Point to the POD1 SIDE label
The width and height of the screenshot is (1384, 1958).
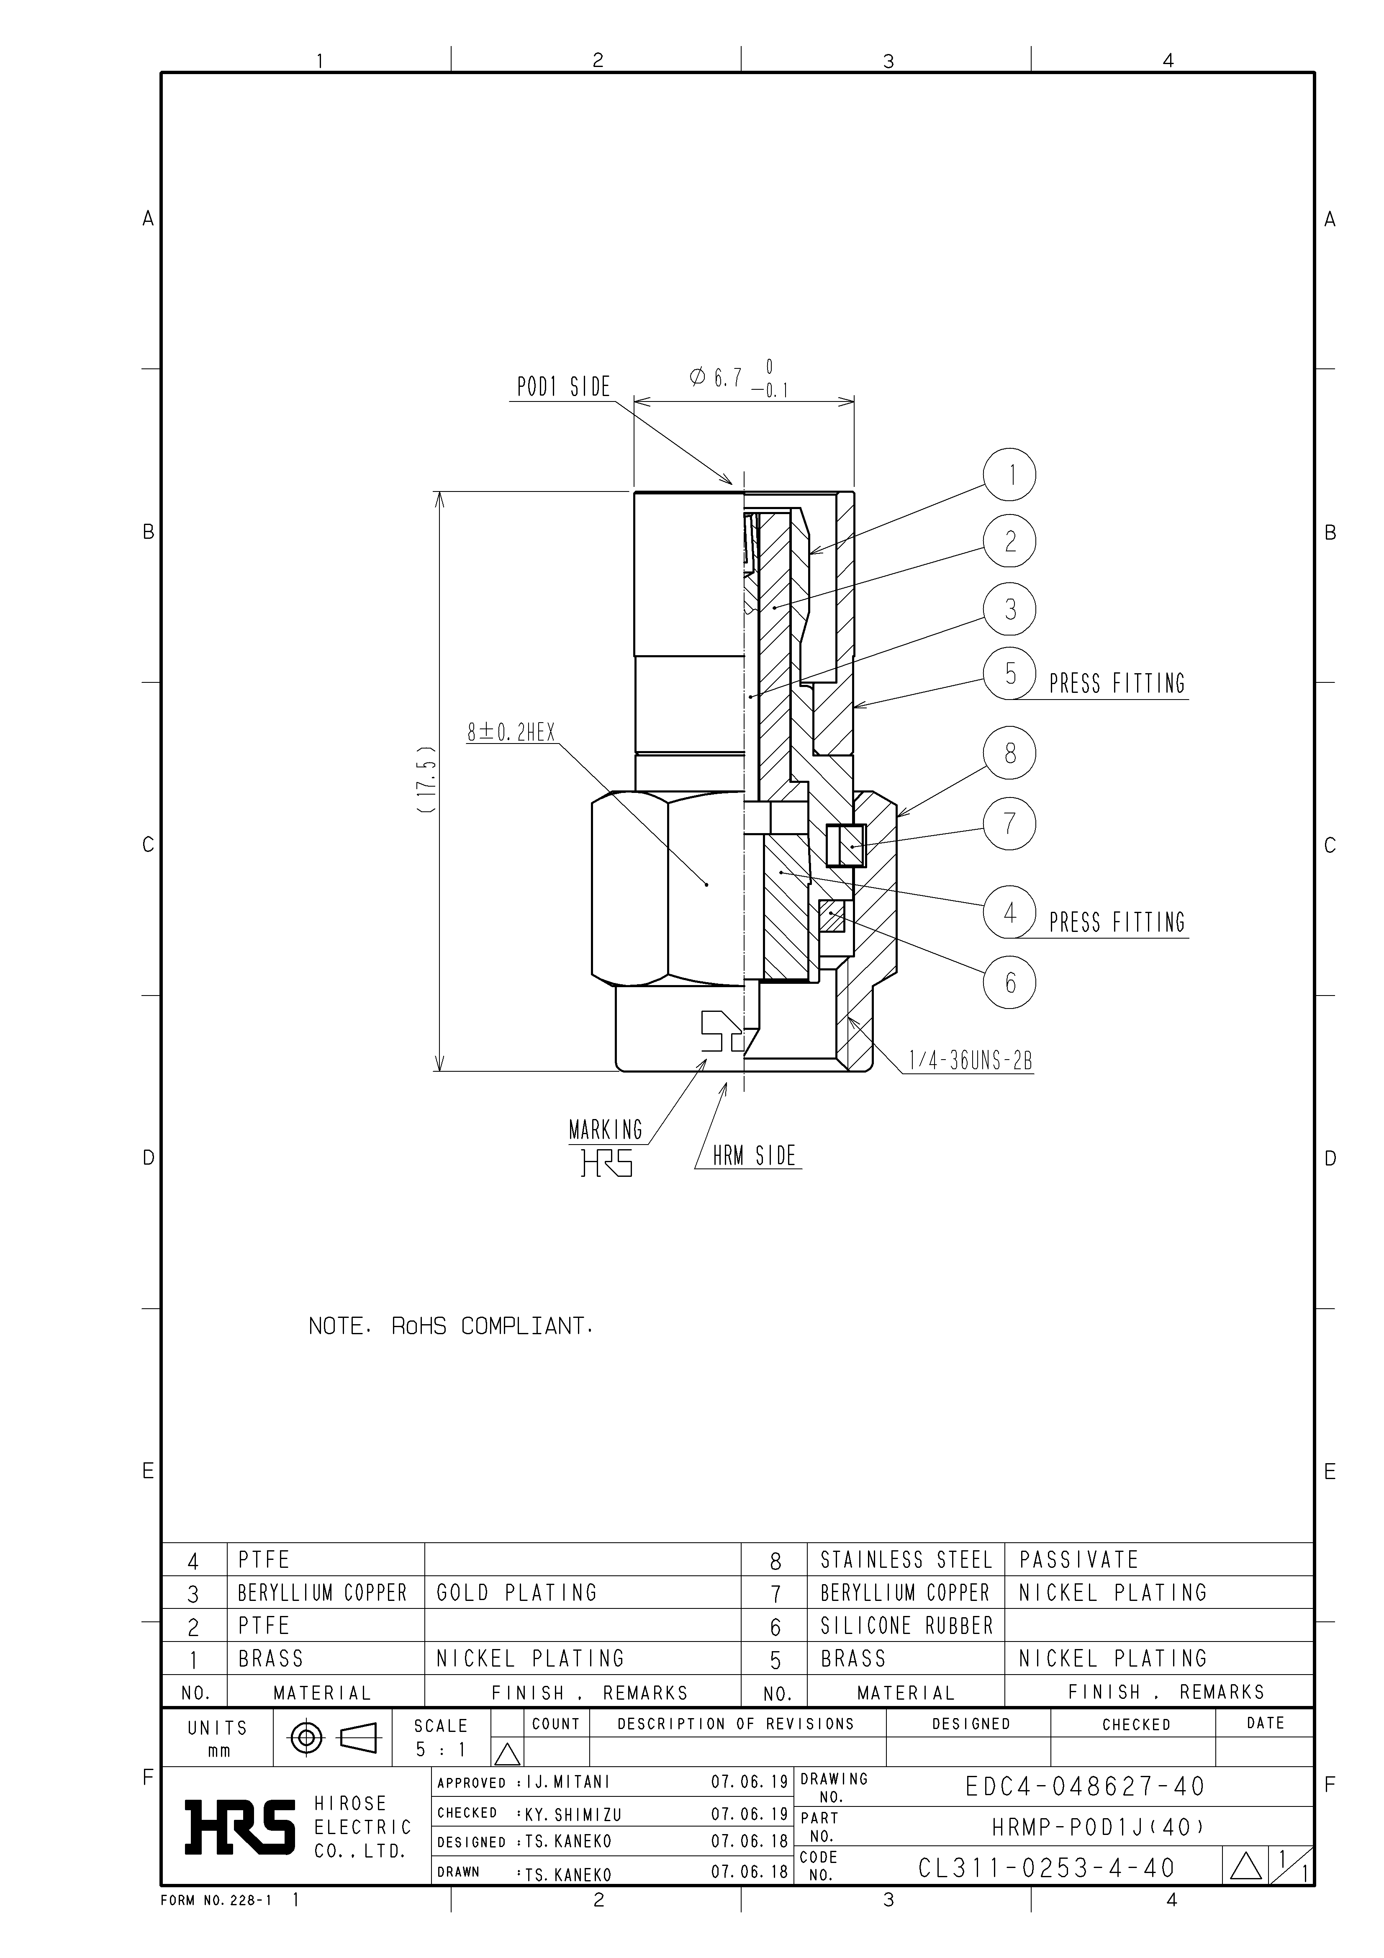tap(564, 387)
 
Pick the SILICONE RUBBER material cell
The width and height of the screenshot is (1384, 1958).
tap(906, 1626)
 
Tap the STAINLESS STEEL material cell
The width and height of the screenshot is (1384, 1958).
tap(906, 1560)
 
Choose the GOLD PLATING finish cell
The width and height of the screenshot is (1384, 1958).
tap(517, 1593)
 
